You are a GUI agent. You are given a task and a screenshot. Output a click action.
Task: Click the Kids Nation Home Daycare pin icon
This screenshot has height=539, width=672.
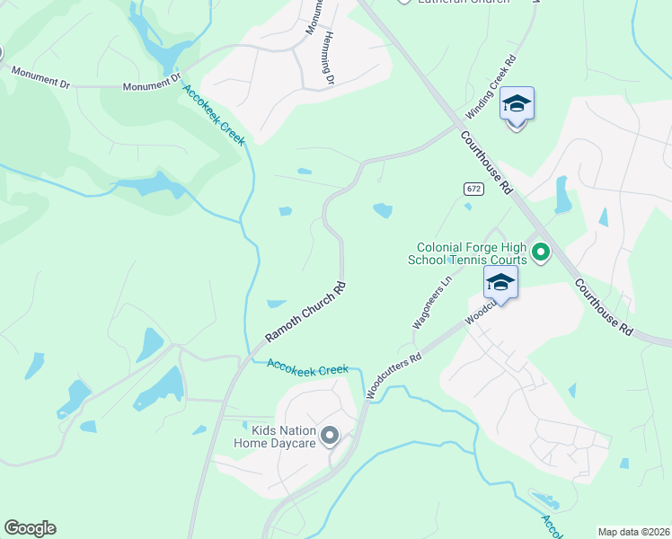[x=330, y=437]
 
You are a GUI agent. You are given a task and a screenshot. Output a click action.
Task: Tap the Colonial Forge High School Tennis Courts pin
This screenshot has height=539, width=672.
[x=540, y=253]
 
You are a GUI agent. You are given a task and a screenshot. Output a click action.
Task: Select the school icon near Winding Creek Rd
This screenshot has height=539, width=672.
[x=517, y=106]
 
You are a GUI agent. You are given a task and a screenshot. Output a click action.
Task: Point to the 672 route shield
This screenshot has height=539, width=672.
[x=473, y=188]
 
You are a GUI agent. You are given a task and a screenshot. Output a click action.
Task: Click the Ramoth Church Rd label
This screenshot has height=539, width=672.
[x=305, y=313]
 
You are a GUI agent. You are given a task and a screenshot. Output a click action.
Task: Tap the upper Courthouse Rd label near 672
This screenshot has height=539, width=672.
[x=485, y=163]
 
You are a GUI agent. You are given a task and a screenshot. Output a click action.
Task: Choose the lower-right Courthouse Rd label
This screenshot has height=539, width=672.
[x=604, y=306]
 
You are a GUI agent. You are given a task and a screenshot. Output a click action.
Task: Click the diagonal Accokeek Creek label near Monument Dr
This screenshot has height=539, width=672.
[x=214, y=112]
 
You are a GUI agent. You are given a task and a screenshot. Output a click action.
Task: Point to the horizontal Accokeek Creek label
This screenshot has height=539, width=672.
[x=307, y=368]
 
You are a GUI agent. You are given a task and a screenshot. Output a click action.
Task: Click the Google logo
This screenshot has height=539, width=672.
[x=30, y=528]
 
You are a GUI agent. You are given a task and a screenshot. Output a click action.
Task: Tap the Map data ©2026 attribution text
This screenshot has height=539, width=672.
[x=633, y=532]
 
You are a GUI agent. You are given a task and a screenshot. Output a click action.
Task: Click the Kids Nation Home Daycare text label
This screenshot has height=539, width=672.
[x=275, y=437]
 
